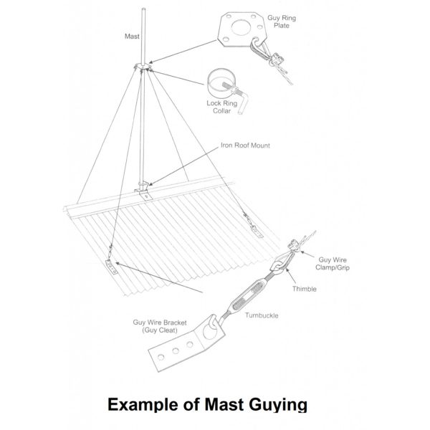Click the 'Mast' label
click(x=132, y=37)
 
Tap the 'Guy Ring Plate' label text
click(x=282, y=21)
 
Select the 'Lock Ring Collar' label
click(x=222, y=107)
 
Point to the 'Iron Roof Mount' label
click(x=245, y=145)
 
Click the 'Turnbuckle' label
click(x=262, y=315)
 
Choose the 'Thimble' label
click(x=305, y=289)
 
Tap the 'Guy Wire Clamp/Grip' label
click(x=333, y=264)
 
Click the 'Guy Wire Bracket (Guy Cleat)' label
click(x=160, y=326)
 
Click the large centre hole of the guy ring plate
click(x=241, y=27)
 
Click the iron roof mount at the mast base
click(x=143, y=190)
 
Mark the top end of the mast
click(x=143, y=9)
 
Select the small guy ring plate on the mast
click(x=143, y=67)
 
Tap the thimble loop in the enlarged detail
click(x=282, y=261)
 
